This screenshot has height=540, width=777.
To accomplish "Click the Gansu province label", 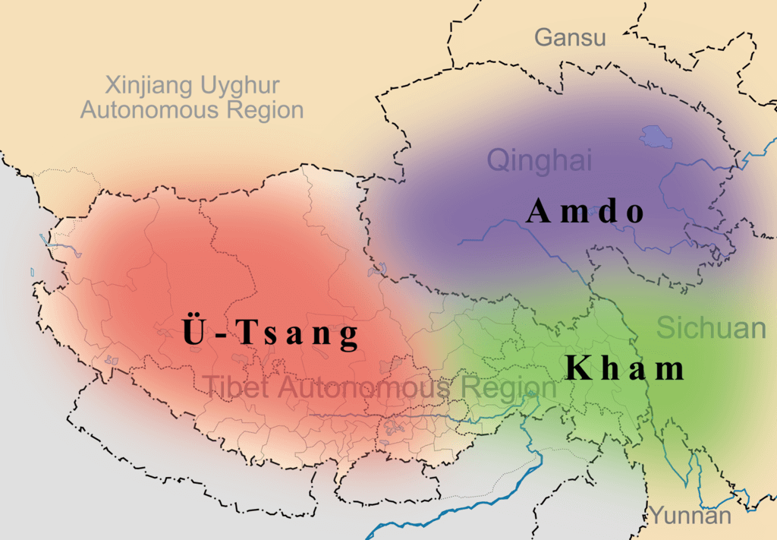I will pos(570,37).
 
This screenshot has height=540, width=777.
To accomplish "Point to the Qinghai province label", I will pos(539,160).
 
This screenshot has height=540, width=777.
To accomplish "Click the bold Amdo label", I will pos(585,211).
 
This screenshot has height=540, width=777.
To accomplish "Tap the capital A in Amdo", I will pos(537,211).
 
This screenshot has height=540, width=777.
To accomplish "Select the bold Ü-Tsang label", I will pos(269,333).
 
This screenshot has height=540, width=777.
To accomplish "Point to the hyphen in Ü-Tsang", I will pos(217,336).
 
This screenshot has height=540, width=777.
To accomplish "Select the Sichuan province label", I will pos(711,328).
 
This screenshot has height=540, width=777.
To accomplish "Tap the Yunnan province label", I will pos(690,516).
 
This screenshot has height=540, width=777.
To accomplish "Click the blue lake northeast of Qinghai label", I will pos(653,137).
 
